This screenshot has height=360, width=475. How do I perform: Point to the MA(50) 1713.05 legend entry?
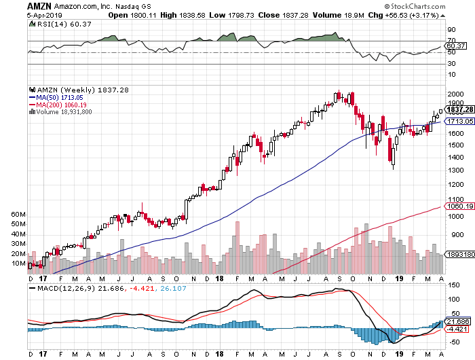tap(56, 97)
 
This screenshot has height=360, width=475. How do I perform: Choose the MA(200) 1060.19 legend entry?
tap(58, 105)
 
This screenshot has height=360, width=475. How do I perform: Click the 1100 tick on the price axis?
tap(455, 200)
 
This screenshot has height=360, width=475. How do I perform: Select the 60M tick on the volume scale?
tap(18, 214)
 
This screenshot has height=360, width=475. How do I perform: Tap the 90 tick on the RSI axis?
tap(451, 30)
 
